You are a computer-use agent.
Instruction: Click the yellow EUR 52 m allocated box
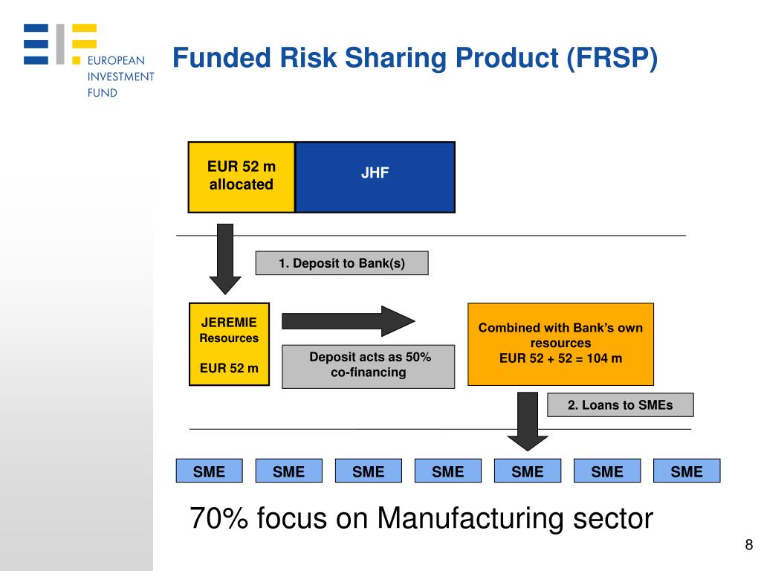(241, 176)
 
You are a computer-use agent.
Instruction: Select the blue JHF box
(375, 176)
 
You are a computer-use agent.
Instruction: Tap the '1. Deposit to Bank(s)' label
(342, 263)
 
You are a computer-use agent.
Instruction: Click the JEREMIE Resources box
(229, 343)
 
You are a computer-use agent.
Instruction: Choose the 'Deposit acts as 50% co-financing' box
(369, 365)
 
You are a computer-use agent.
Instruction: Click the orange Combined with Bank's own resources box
(560, 343)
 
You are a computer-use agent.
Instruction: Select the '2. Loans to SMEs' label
(620, 405)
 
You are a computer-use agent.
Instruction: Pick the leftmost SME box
(209, 471)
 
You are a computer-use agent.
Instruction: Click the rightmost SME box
(686, 471)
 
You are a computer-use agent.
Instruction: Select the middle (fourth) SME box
(448, 471)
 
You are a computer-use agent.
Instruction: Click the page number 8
(748, 544)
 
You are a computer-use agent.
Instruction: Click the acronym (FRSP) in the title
(612, 59)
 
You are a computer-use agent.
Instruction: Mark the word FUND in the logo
(103, 93)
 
